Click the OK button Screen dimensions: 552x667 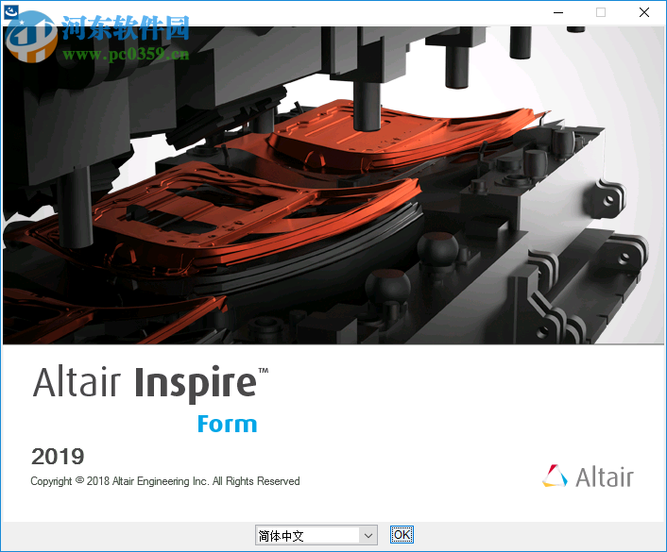(402, 535)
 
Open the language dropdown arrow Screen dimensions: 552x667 (368, 535)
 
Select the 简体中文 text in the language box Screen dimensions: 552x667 (281, 536)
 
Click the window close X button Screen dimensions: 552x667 (644, 12)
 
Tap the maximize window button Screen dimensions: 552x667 (601, 12)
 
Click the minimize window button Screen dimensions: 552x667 (557, 12)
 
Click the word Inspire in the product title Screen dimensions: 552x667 (195, 383)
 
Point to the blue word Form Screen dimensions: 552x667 (227, 425)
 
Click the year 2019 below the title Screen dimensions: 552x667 (58, 458)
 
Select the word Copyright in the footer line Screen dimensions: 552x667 (51, 481)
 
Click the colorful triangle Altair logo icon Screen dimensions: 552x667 (556, 476)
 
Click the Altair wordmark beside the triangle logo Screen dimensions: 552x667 (605, 477)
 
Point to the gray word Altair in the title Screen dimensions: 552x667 (77, 383)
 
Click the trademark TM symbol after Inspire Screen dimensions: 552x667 (264, 371)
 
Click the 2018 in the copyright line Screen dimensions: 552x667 (98, 481)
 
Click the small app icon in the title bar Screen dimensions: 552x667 (11, 10)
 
